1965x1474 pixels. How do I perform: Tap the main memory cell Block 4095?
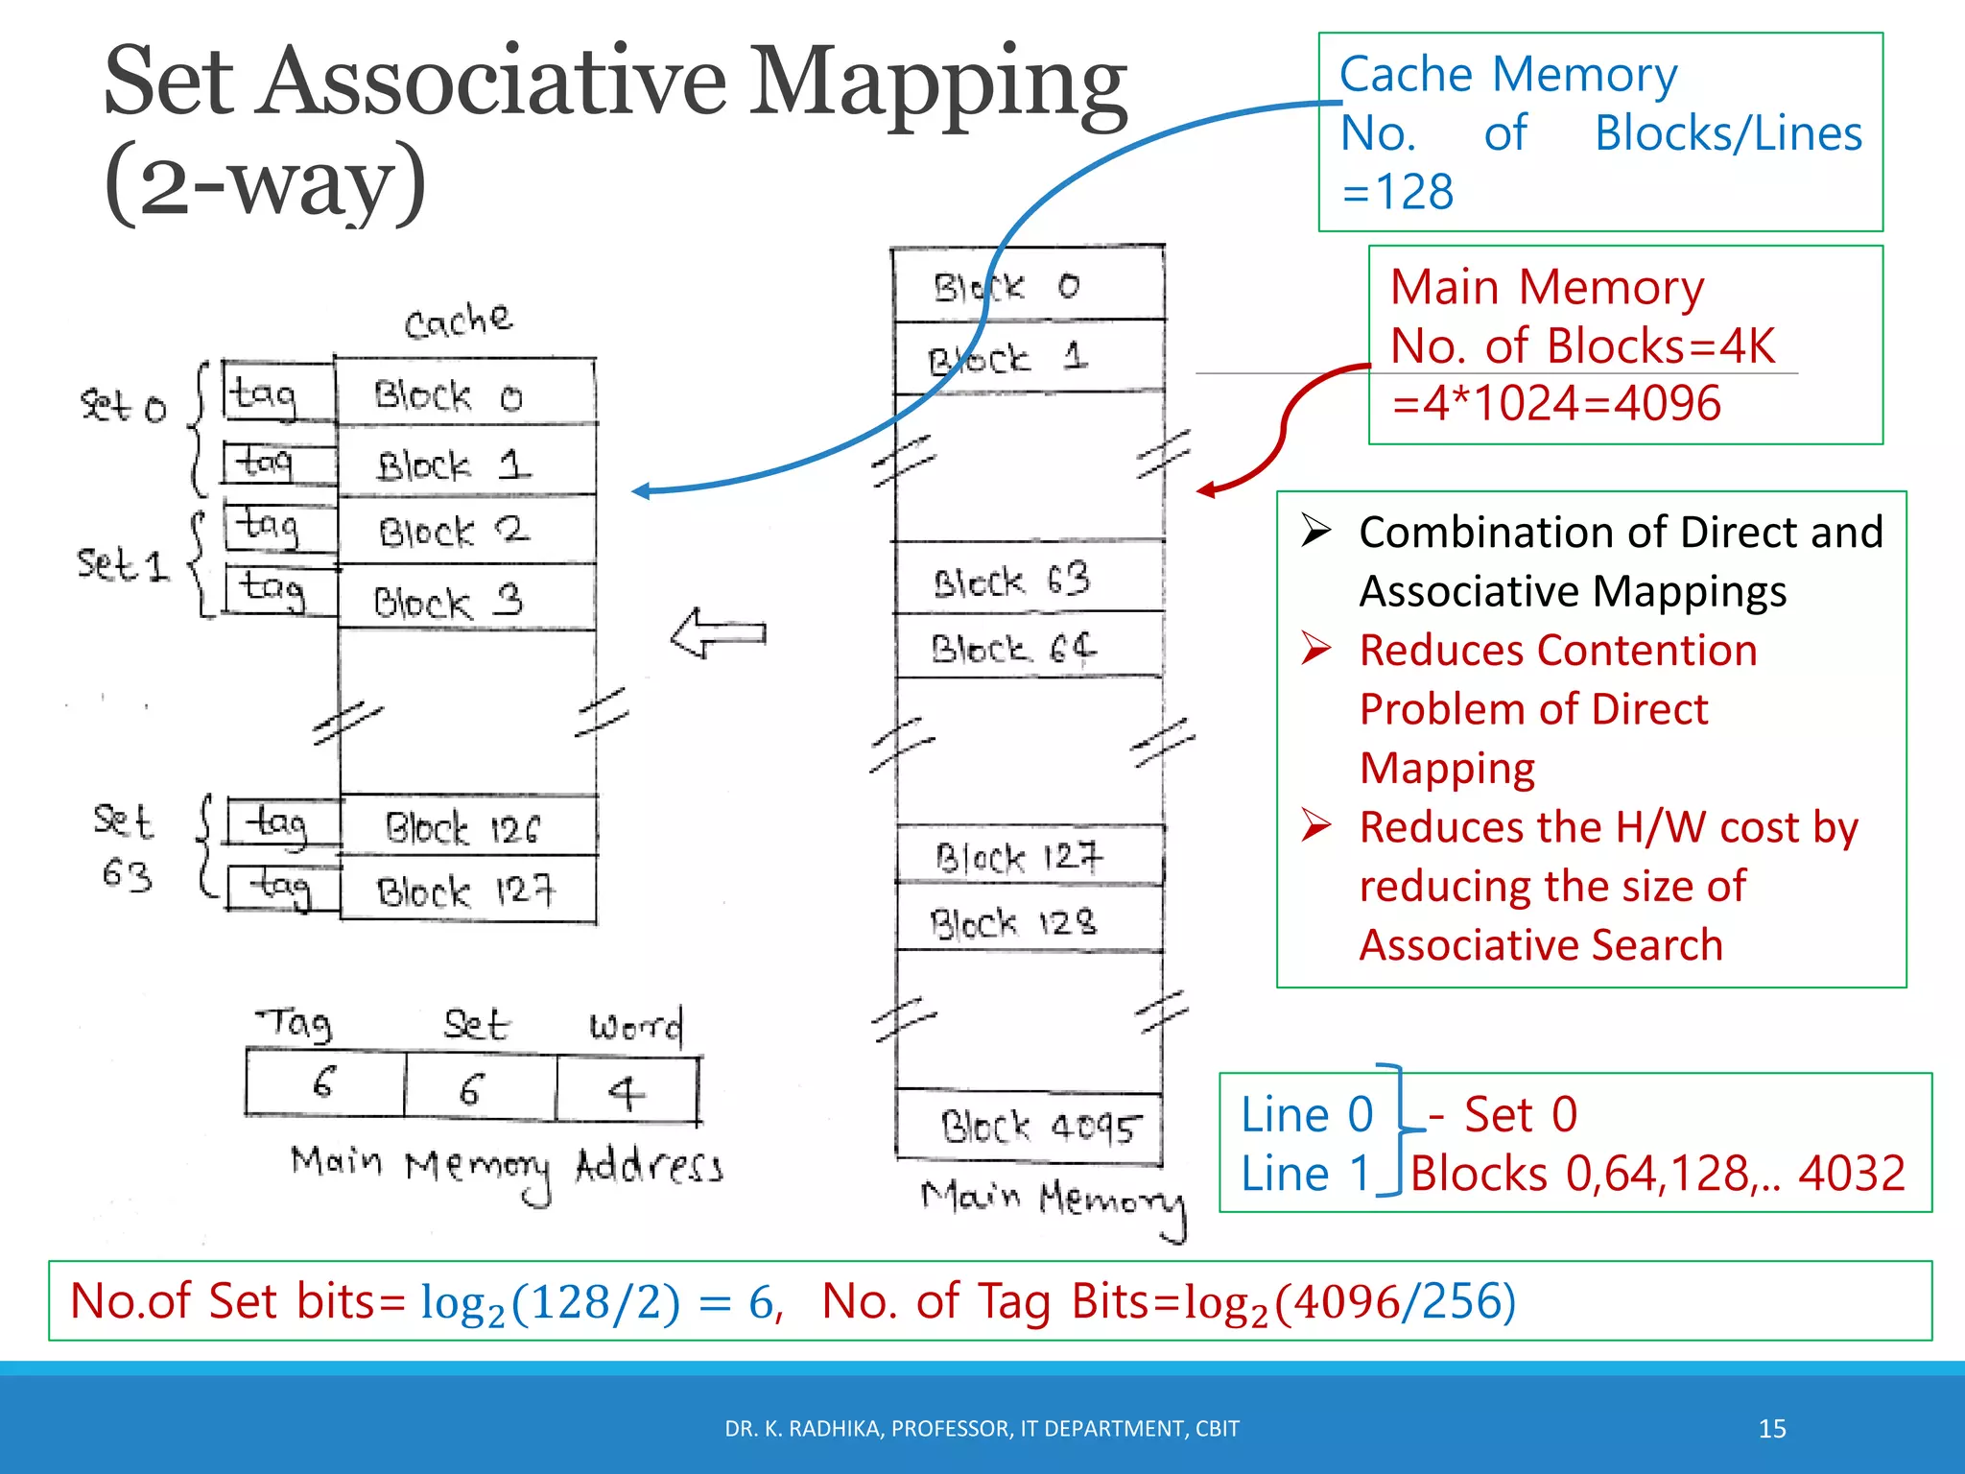click(1030, 1127)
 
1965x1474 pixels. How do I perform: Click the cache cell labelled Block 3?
click(466, 599)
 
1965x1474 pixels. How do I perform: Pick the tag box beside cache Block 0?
click(278, 392)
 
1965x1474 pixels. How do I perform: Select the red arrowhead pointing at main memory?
click(1207, 490)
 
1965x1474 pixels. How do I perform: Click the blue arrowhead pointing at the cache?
click(642, 491)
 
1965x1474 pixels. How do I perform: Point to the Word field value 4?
click(627, 1090)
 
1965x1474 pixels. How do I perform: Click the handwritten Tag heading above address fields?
click(296, 1024)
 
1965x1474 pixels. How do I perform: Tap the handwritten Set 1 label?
click(123, 564)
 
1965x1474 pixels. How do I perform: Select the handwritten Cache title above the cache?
click(459, 321)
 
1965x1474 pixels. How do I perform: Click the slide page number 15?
click(1771, 1429)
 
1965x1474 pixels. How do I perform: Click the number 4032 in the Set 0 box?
click(1851, 1173)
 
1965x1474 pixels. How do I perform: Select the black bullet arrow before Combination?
click(1315, 531)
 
